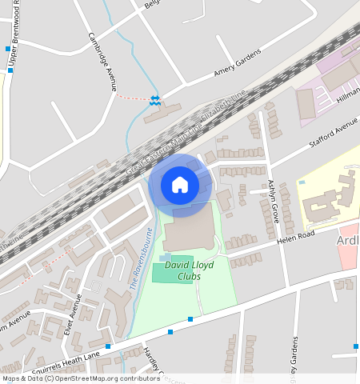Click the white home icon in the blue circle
[180, 185]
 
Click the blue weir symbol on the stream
[155, 99]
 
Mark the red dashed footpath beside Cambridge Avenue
[132, 98]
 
